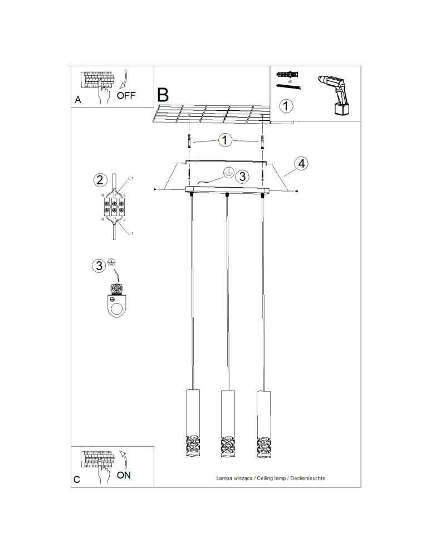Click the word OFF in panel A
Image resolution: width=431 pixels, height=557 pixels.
click(x=126, y=95)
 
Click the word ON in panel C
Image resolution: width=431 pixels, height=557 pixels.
click(x=124, y=475)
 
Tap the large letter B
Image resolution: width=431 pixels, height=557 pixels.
click(x=163, y=94)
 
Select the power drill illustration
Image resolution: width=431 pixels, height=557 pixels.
click(x=336, y=94)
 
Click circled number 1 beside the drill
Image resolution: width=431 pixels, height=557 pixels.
click(x=285, y=105)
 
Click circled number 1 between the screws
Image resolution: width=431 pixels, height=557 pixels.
click(x=225, y=140)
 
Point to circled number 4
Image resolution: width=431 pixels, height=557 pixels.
click(x=301, y=163)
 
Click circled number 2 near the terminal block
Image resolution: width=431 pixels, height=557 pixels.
click(x=99, y=180)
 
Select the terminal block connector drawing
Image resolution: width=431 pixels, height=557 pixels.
click(x=114, y=207)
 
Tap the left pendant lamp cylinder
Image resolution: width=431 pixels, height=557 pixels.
click(x=192, y=423)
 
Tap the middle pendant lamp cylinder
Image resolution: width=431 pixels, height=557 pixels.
click(x=227, y=423)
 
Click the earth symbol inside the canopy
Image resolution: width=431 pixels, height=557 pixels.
click(x=227, y=173)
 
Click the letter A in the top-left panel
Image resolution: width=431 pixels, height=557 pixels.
click(x=78, y=100)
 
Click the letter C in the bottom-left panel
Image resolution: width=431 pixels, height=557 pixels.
click(x=77, y=479)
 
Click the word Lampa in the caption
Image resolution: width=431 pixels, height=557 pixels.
click(x=224, y=478)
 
